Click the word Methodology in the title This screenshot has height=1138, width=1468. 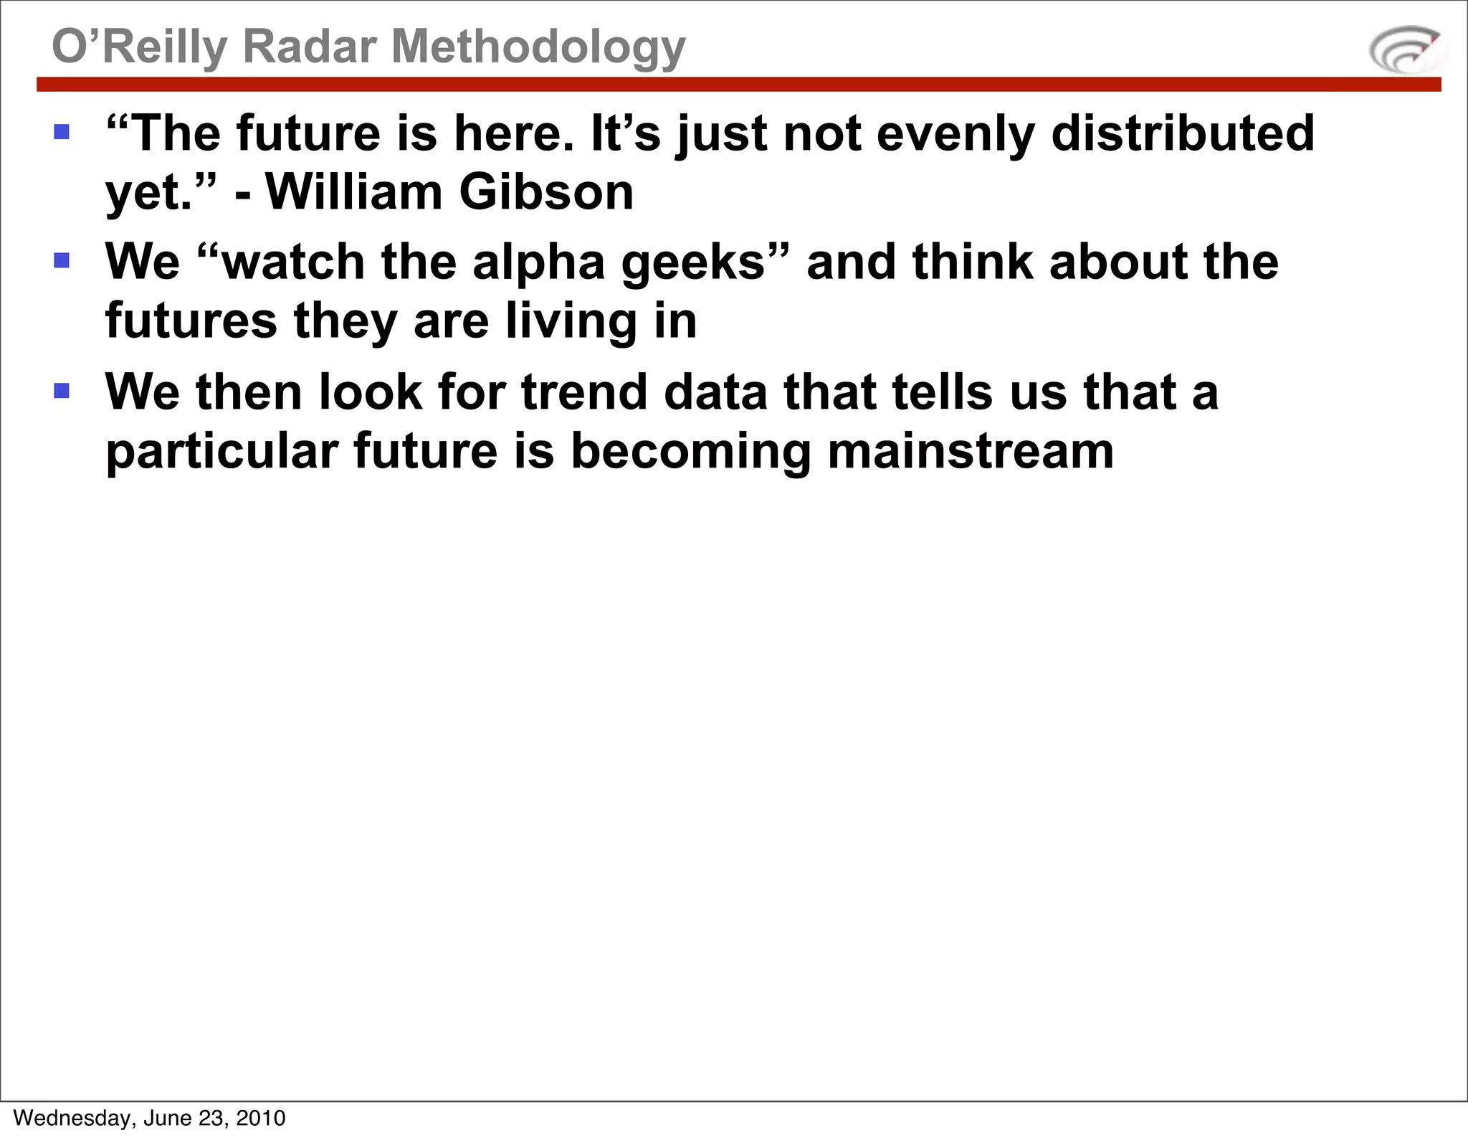click(538, 47)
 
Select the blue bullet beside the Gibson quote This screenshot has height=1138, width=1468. click(62, 132)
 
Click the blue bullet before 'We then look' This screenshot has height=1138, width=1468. click(62, 391)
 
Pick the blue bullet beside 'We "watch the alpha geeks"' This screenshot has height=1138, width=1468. click(62, 260)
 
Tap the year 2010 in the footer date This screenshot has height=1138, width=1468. click(261, 1118)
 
